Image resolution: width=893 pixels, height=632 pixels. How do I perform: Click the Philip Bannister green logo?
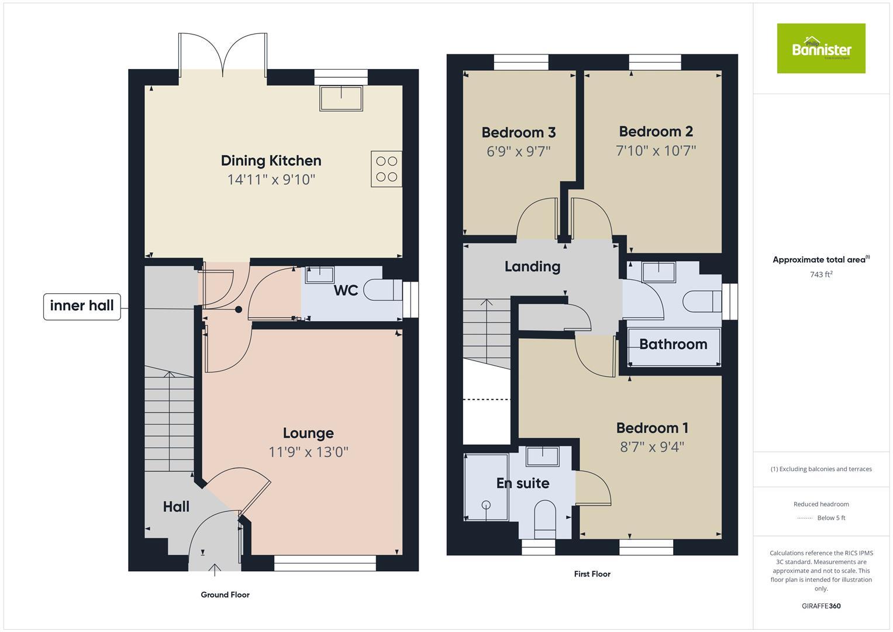click(x=820, y=49)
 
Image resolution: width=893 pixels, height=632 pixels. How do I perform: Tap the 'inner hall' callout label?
click(x=82, y=306)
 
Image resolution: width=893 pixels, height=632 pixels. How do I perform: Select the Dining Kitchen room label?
click(x=271, y=160)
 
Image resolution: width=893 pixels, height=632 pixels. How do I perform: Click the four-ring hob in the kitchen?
click(x=386, y=169)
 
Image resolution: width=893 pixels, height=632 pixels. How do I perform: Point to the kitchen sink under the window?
click(x=341, y=98)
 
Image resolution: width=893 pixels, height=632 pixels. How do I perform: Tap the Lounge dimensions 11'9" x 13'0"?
click(x=308, y=452)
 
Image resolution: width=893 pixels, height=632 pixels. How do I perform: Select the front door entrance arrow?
click(x=215, y=569)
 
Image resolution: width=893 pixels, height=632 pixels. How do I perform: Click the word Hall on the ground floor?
click(x=176, y=507)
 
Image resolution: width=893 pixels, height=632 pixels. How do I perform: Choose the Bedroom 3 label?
click(x=518, y=133)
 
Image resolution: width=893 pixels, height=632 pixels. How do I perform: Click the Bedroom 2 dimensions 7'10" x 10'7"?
click(x=656, y=151)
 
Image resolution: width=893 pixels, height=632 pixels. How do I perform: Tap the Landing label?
click(x=532, y=267)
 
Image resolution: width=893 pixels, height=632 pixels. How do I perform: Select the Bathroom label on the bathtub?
click(x=673, y=344)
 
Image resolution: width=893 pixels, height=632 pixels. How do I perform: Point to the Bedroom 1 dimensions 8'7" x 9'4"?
click(x=652, y=447)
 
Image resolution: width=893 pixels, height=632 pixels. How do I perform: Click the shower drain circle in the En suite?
click(x=485, y=504)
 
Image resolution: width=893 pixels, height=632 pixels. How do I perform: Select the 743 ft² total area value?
click(x=821, y=274)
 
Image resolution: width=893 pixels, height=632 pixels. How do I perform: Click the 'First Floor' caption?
click(x=592, y=574)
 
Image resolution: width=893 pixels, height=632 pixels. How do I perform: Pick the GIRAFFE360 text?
click(x=820, y=606)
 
